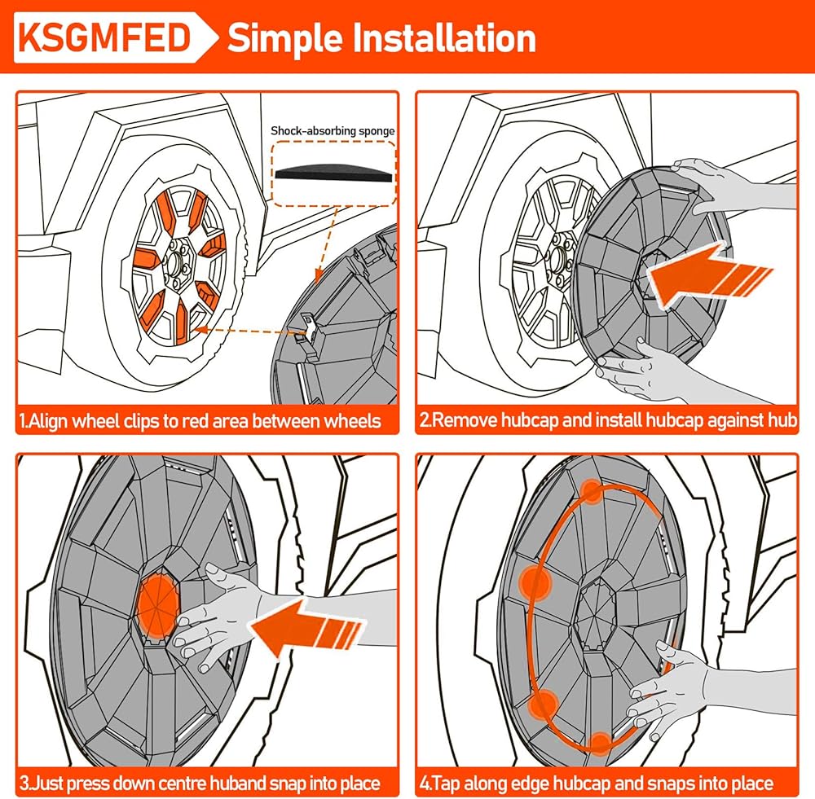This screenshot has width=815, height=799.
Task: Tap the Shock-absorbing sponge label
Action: (x=333, y=130)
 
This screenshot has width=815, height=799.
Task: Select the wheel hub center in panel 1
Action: (x=178, y=264)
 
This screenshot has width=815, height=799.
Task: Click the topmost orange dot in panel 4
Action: (x=593, y=492)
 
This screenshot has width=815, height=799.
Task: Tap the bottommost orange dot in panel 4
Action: (x=600, y=742)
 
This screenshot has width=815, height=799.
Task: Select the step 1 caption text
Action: (x=200, y=421)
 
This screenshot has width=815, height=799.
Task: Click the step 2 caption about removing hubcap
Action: (x=606, y=421)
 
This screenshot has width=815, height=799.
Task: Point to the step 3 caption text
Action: (x=200, y=784)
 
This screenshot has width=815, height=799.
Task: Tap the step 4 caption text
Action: (x=596, y=784)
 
